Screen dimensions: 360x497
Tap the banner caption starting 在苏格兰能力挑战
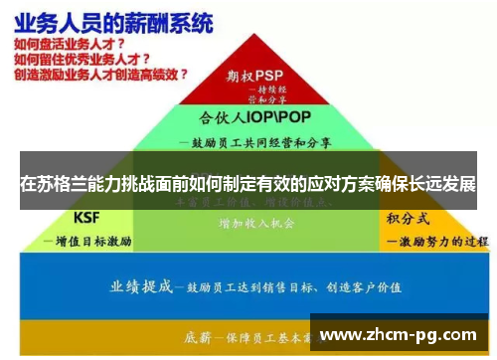(248, 184)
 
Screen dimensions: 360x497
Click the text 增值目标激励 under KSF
(88, 241)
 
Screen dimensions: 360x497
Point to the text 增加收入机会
(256, 225)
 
